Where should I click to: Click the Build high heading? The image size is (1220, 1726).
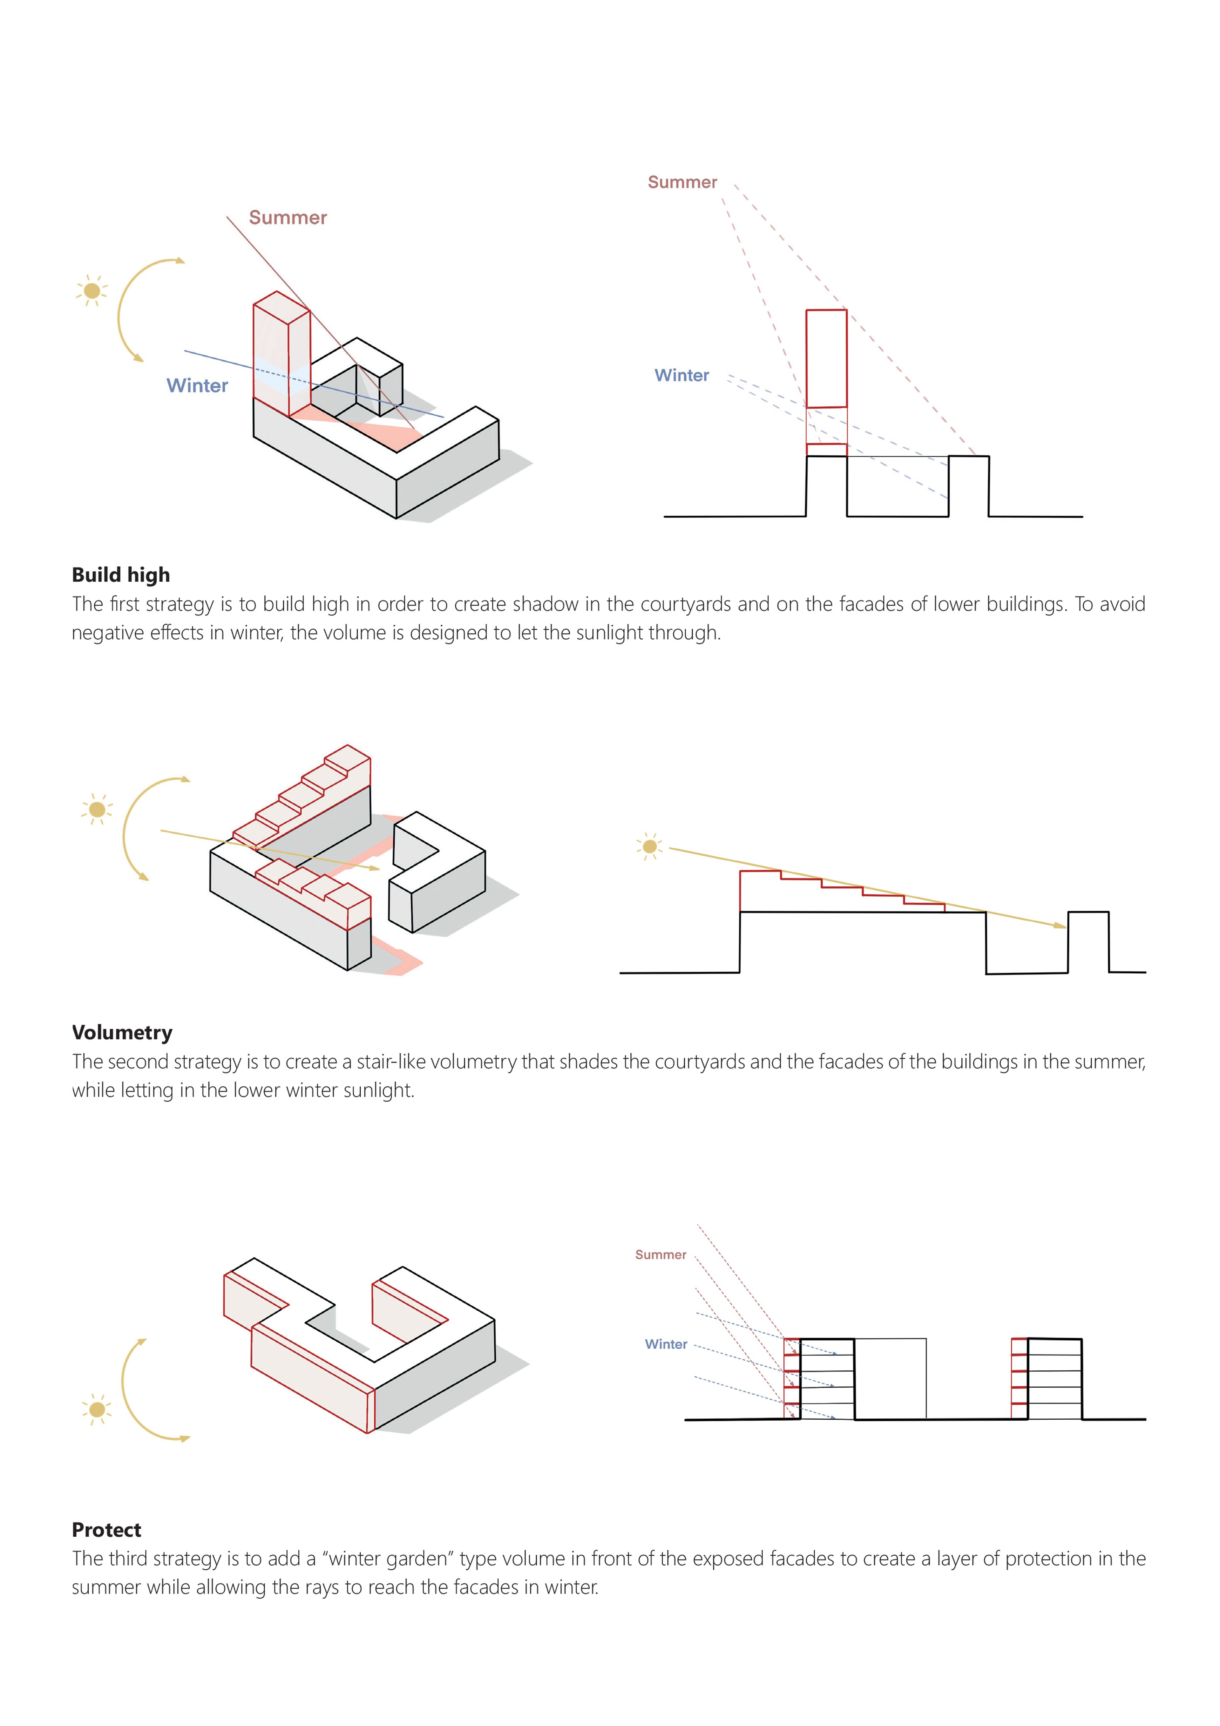[121, 575]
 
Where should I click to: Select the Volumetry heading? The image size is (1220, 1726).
[122, 1033]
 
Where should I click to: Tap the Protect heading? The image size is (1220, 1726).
[106, 1530]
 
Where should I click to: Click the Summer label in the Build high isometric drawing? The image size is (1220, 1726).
[288, 218]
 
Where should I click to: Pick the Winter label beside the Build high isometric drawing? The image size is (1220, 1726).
[197, 386]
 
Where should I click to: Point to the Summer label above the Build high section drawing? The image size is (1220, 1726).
[682, 183]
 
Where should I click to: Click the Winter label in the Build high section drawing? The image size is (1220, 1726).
[681, 375]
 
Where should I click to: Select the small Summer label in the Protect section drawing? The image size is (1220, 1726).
[660, 1255]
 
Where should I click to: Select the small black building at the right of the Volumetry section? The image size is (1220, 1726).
[1088, 941]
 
